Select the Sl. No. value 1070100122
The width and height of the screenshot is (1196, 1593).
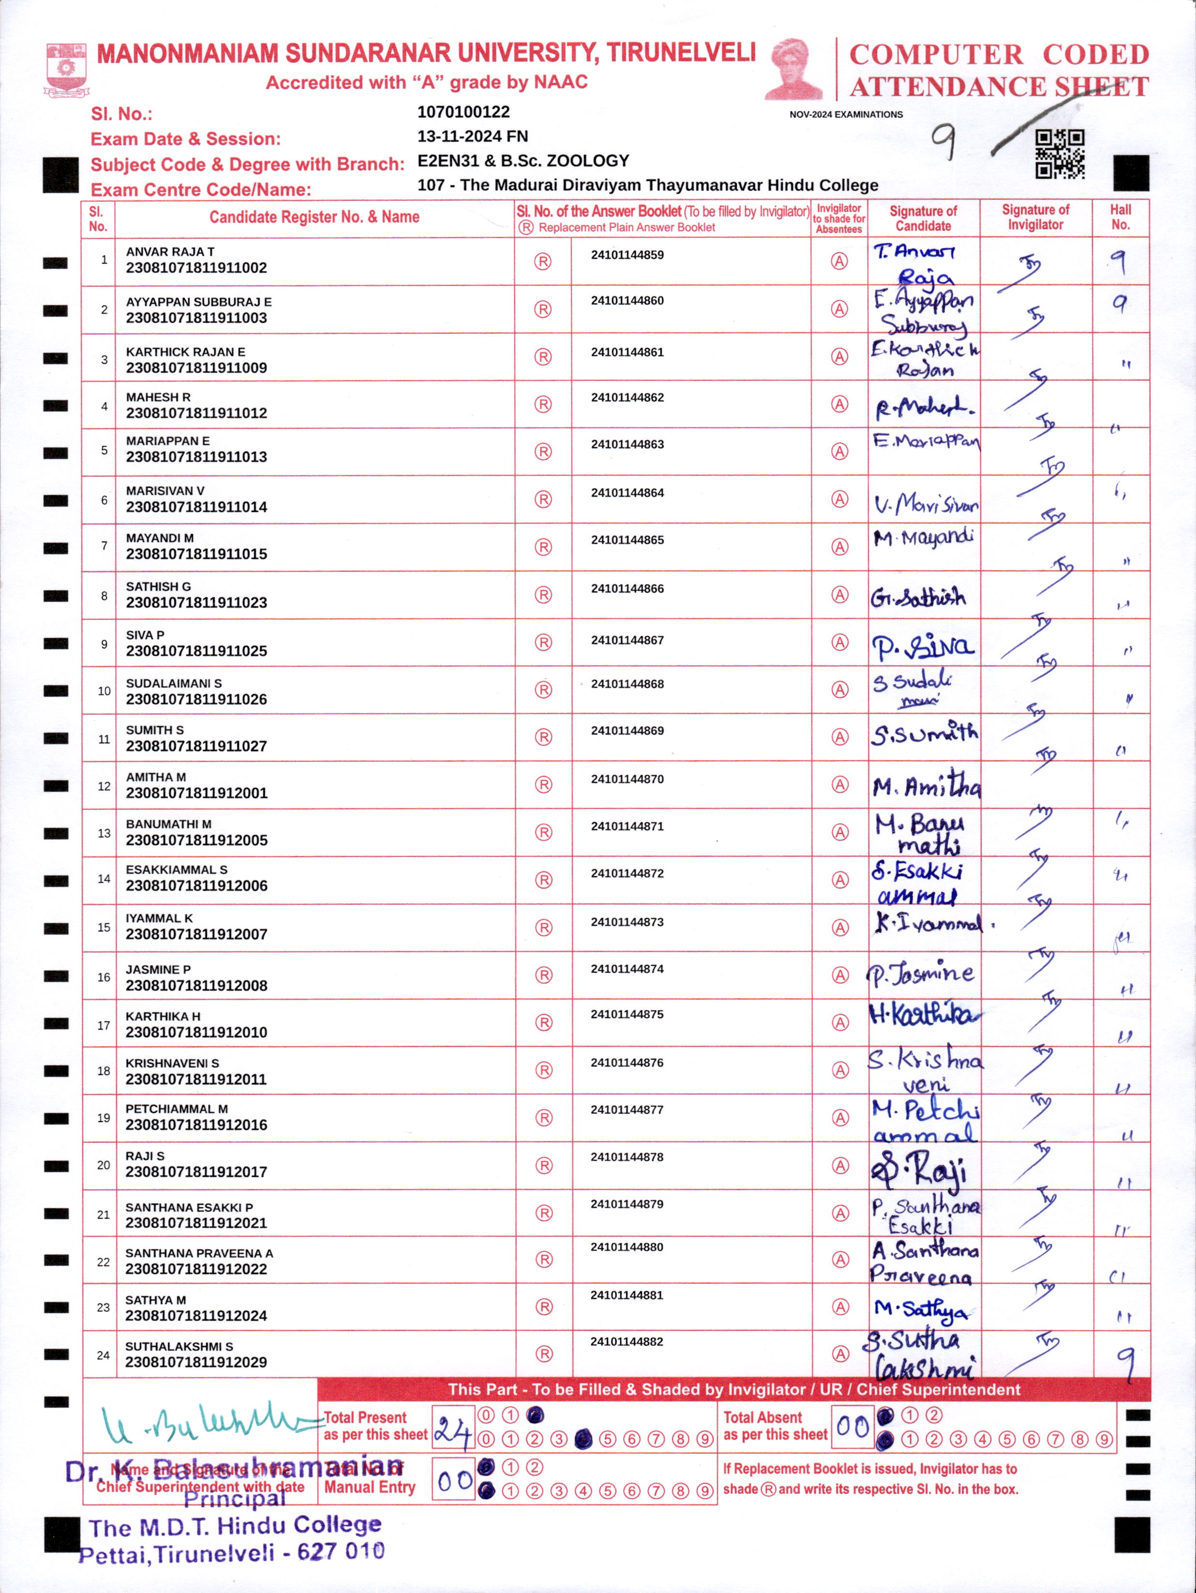(463, 112)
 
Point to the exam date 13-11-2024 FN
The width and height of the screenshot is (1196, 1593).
(472, 136)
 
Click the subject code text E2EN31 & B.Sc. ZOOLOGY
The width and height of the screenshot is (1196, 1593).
(523, 161)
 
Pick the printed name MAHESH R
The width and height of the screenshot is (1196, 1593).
(158, 397)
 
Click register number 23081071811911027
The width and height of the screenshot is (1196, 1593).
(196, 746)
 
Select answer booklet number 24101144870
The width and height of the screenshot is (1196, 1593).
(627, 779)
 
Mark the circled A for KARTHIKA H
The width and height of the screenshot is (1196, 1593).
(839, 1022)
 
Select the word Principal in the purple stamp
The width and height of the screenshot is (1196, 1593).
(234, 1500)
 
